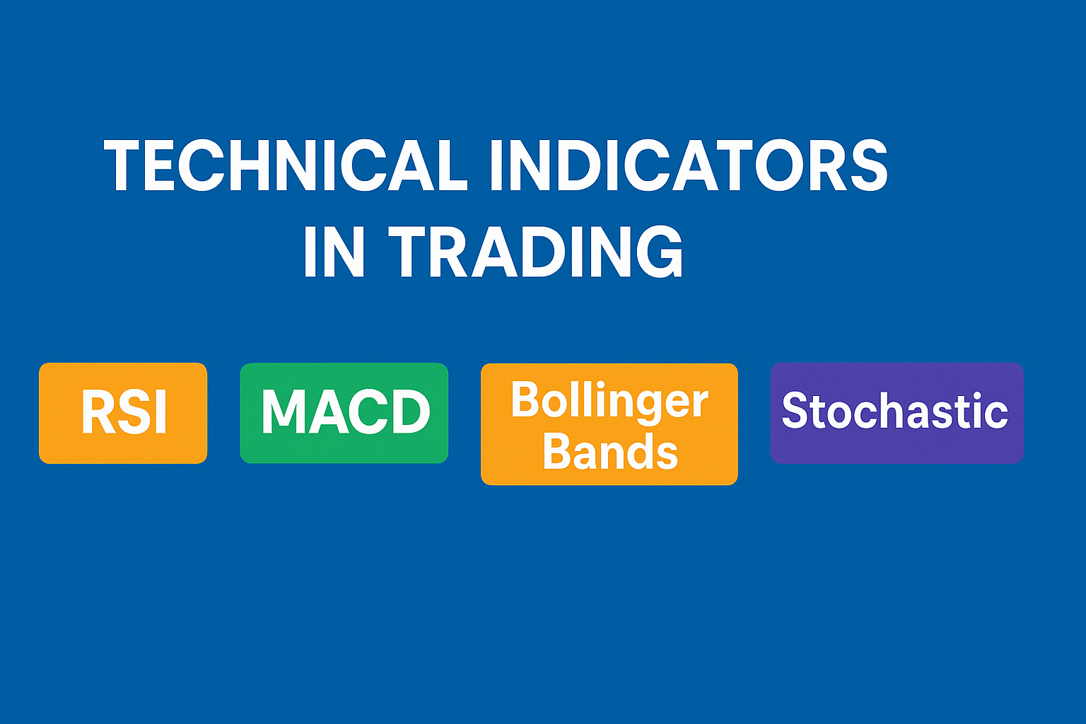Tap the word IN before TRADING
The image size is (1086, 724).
(334, 252)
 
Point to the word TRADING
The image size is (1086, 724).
(536, 252)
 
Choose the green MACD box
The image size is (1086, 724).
(344, 413)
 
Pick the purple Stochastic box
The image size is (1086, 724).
(896, 413)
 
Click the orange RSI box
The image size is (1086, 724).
(123, 413)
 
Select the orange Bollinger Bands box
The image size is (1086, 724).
(609, 424)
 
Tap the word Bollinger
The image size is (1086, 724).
(609, 400)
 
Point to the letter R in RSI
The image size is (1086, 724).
(97, 413)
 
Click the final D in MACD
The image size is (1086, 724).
(410, 411)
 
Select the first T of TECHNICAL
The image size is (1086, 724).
(124, 165)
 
